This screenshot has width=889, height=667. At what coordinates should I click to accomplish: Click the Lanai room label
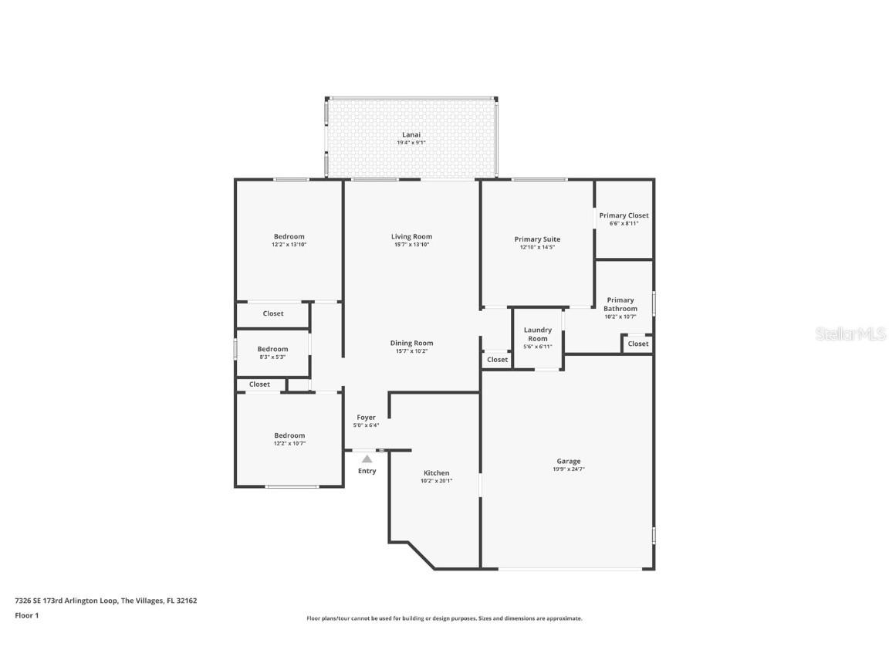click(x=411, y=134)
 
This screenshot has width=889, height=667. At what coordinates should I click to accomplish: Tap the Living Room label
click(x=411, y=236)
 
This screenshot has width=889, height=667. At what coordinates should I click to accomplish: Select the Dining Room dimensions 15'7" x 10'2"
click(x=411, y=351)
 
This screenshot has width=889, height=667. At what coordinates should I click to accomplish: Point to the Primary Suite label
click(x=537, y=239)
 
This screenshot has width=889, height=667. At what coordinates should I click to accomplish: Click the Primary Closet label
click(x=624, y=215)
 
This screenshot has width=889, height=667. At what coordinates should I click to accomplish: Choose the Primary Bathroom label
click(x=620, y=304)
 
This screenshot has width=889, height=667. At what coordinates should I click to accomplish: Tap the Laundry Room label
click(x=537, y=334)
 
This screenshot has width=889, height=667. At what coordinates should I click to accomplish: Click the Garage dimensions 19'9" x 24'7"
click(x=568, y=469)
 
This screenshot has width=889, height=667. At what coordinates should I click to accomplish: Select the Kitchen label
click(x=436, y=473)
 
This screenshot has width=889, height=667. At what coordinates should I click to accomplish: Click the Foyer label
click(x=366, y=418)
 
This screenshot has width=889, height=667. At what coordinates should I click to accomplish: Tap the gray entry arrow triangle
click(x=367, y=459)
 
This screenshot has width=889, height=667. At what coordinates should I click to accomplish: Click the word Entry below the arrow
click(x=367, y=471)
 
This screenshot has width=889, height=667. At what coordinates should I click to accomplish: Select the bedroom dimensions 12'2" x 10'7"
click(x=289, y=443)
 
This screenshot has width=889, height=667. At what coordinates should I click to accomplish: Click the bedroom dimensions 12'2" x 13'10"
click(x=289, y=245)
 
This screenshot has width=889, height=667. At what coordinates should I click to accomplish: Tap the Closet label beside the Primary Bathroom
click(x=637, y=344)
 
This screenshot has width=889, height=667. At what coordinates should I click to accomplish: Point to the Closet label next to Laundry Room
click(x=497, y=360)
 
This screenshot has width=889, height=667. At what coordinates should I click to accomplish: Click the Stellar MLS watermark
click(x=852, y=334)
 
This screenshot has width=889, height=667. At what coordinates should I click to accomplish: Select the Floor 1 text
click(x=26, y=615)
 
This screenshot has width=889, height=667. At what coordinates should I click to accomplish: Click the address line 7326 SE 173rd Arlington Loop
click(x=106, y=600)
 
